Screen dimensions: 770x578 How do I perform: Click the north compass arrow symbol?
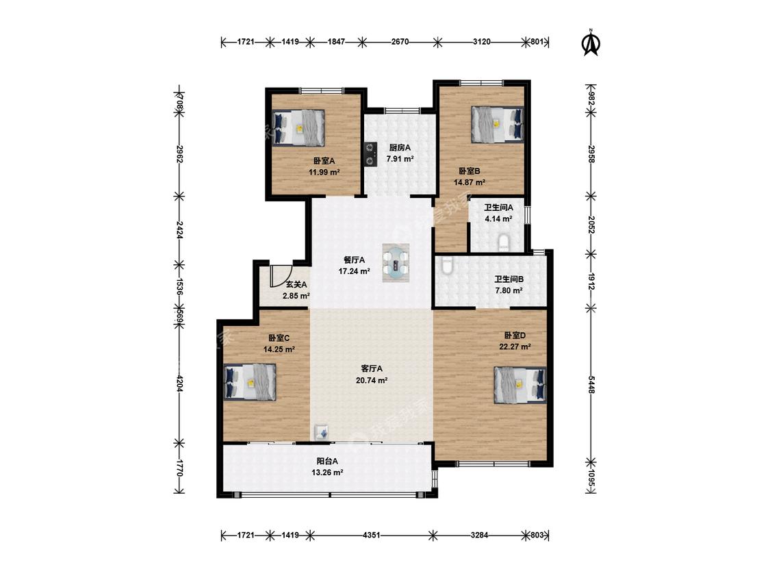(591, 42)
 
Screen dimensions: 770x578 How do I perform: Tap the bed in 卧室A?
(298, 128)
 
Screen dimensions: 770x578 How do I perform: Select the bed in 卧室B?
(497, 125)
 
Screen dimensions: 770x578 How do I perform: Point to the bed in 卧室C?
(250, 382)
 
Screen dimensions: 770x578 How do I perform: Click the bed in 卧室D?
(520, 385)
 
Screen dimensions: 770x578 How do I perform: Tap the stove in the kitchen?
(370, 153)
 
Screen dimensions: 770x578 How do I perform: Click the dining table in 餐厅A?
(396, 262)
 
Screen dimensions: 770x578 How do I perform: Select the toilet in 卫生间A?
(504, 243)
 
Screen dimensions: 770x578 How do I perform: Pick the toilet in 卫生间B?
(446, 265)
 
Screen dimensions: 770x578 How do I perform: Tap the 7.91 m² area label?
(400, 159)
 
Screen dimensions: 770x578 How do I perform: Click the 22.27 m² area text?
(515, 347)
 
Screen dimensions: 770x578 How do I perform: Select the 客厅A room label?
(371, 368)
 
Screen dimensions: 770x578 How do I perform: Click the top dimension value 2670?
(400, 42)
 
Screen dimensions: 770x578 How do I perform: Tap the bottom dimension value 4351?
(371, 535)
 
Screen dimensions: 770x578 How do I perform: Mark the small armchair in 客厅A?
(322, 431)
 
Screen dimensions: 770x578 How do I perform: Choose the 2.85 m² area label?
(296, 296)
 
